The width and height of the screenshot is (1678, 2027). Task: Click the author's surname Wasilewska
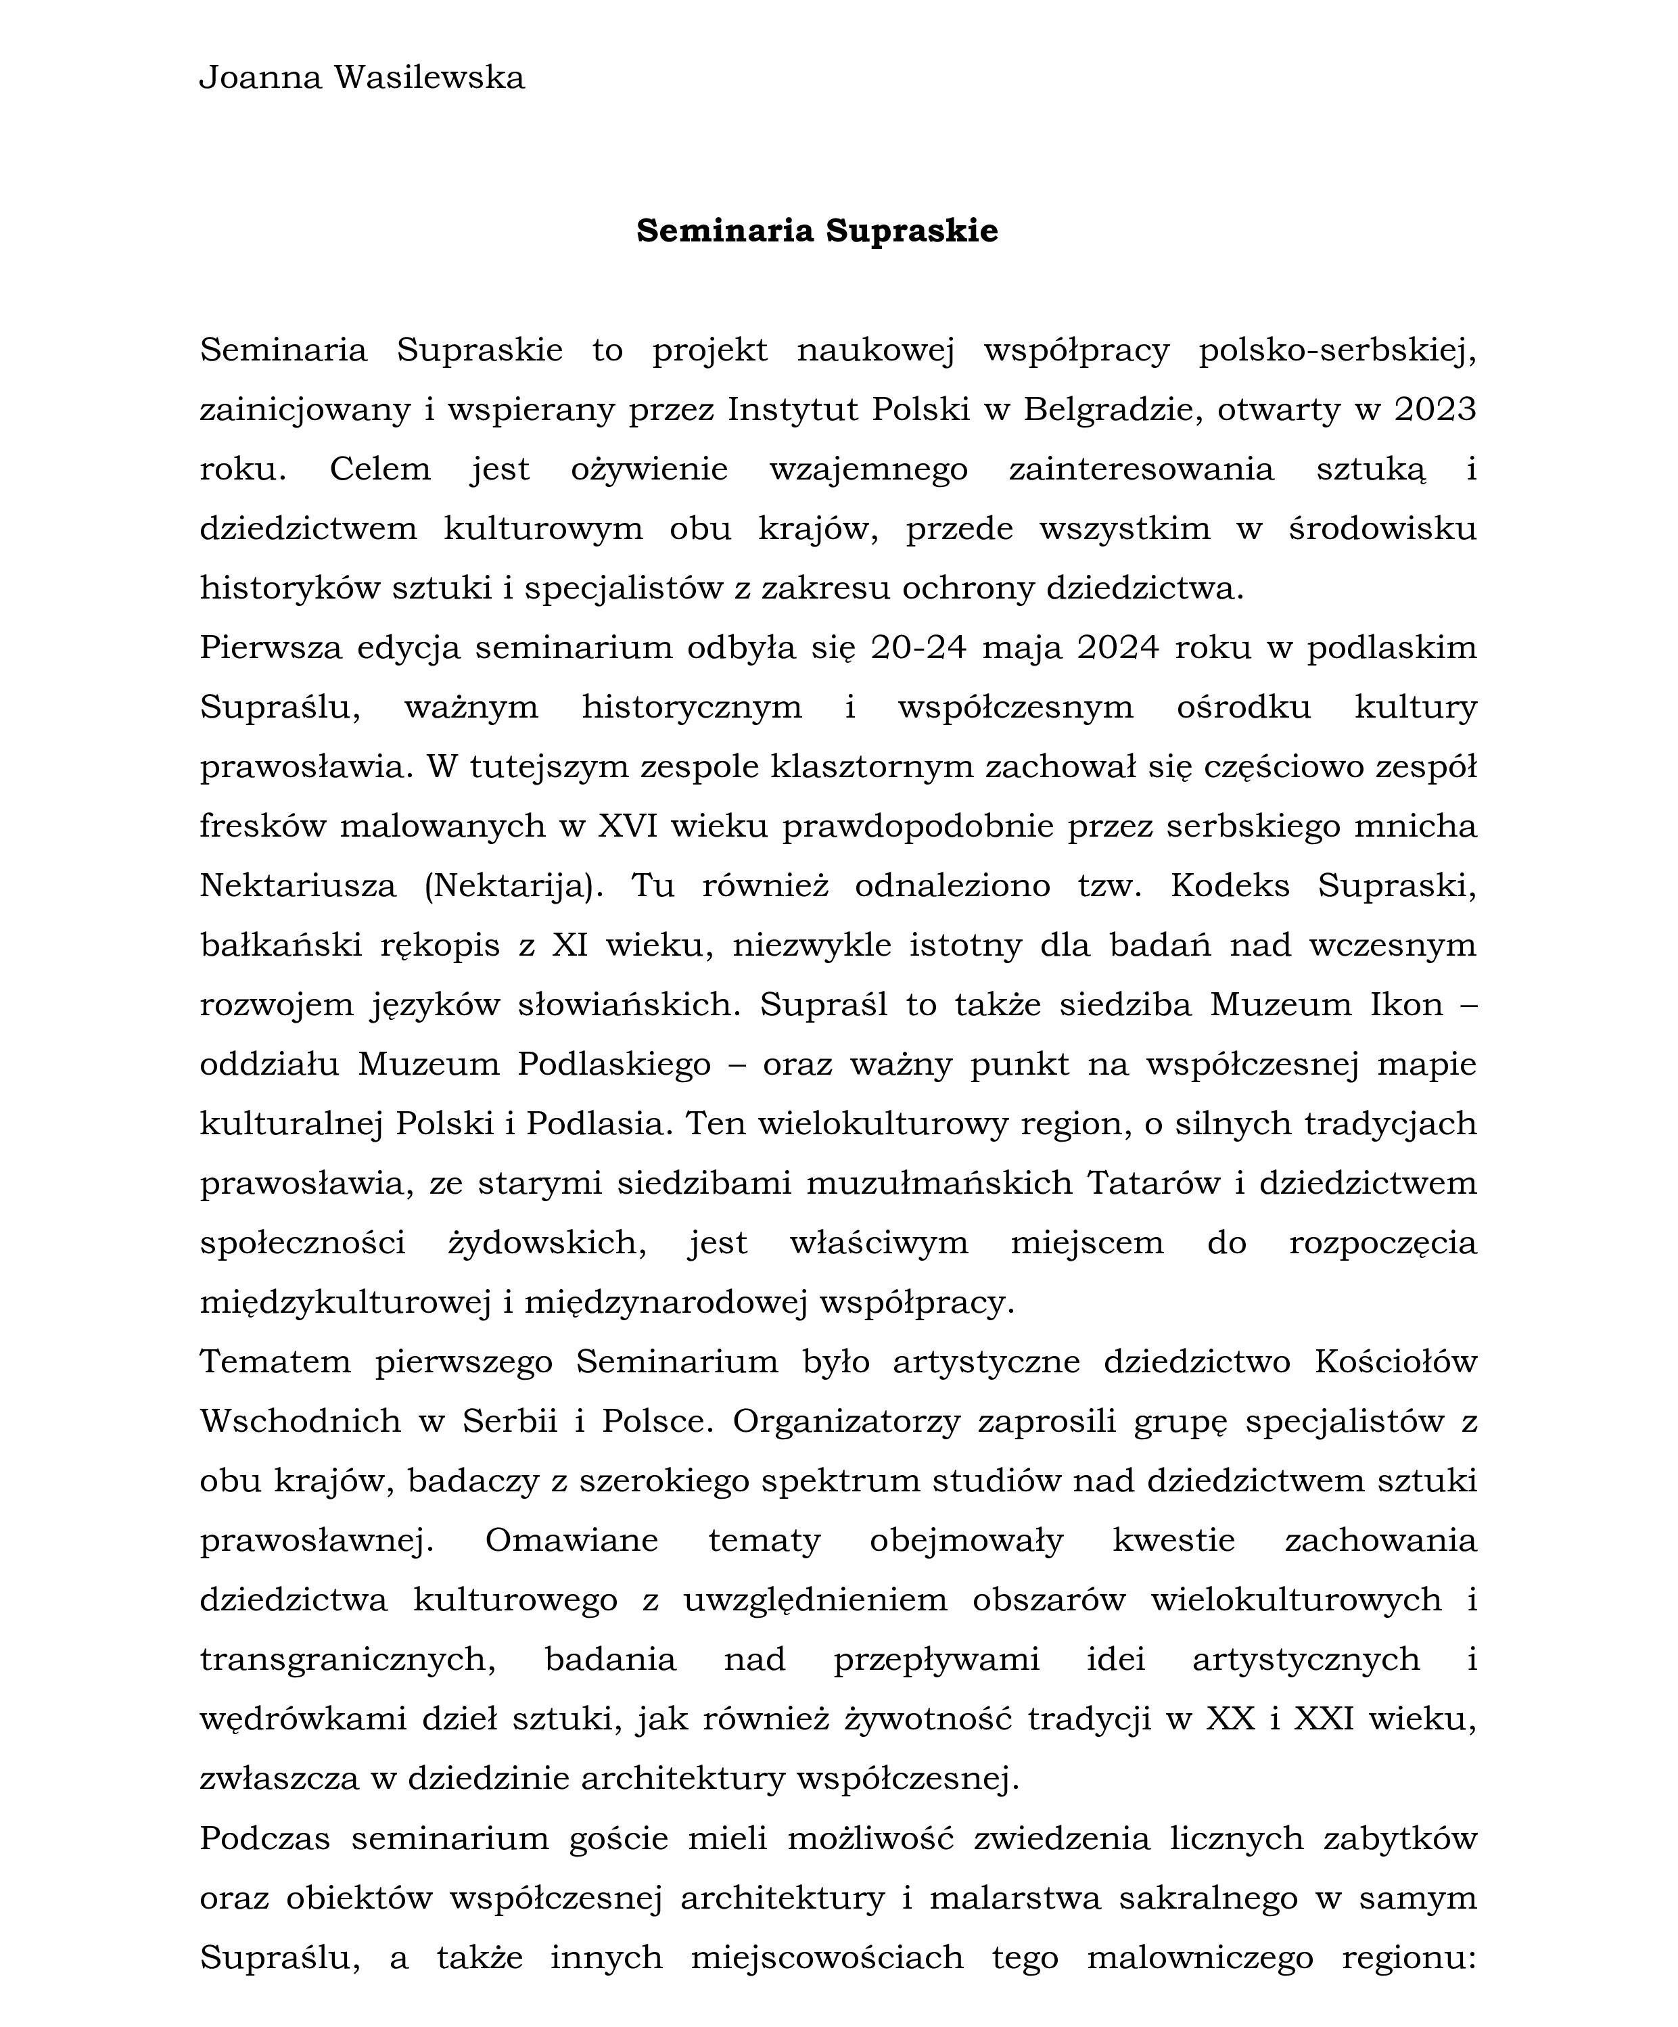[x=429, y=77]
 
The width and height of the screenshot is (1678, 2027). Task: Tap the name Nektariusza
[x=298, y=886]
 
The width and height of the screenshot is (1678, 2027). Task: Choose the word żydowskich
[x=547, y=1243]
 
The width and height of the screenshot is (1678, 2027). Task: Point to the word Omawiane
[x=572, y=1541]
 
